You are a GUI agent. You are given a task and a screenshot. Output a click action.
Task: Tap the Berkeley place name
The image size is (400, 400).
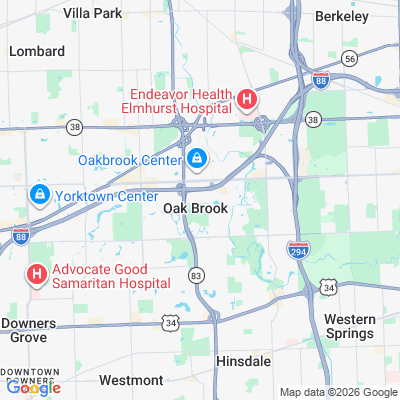click(343, 16)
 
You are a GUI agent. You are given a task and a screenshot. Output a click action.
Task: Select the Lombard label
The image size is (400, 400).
click(37, 50)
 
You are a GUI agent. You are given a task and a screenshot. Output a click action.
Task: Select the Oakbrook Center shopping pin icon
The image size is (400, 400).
click(197, 158)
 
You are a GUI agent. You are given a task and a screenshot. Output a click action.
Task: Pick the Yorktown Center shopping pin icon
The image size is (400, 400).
click(40, 194)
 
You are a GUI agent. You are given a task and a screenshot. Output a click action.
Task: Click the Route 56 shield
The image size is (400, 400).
click(349, 59)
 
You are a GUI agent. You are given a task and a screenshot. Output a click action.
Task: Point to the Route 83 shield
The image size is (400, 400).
click(197, 274)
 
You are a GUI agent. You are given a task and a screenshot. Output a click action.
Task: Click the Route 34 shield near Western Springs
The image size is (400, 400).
click(328, 288)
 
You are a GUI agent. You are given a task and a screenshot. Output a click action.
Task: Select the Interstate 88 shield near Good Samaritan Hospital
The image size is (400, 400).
click(20, 232)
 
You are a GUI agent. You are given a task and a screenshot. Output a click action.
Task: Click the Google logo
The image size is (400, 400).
click(30, 388)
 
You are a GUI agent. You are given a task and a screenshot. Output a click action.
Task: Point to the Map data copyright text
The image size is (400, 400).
click(338, 392)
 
